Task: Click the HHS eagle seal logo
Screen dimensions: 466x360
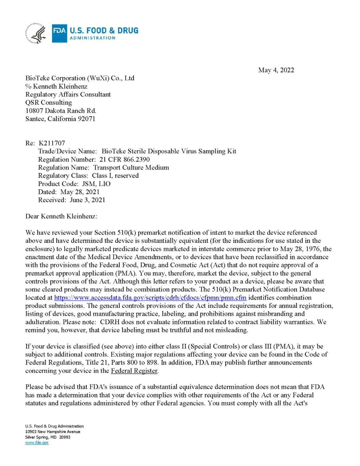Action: [x=36, y=33]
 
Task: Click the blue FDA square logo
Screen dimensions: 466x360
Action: [x=59, y=33]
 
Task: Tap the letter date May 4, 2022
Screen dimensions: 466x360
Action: [x=276, y=70]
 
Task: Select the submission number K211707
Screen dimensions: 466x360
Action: [x=52, y=143]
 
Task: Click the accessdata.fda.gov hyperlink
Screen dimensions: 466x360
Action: [x=150, y=298]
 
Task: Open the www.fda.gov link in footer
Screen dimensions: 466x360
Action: [x=37, y=443]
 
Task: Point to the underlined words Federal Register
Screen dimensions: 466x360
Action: [x=134, y=371]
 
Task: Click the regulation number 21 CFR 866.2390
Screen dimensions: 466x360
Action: [x=125, y=159]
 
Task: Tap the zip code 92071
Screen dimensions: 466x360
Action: [x=86, y=119]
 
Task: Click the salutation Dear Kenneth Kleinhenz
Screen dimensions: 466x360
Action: [x=61, y=216]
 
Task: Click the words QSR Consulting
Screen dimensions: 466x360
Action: [x=49, y=102]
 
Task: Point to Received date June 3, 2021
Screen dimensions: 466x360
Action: [x=87, y=200]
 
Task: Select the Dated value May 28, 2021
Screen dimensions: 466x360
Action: [x=80, y=192]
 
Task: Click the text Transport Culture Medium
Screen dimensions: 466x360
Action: [x=131, y=167]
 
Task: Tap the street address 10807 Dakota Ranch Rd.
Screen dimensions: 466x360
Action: [x=61, y=110]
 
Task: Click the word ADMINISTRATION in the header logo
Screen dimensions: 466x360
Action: [x=93, y=38]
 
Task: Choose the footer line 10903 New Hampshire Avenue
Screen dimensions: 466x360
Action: [x=53, y=432]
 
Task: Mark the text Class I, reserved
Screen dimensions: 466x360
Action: [x=115, y=175]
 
